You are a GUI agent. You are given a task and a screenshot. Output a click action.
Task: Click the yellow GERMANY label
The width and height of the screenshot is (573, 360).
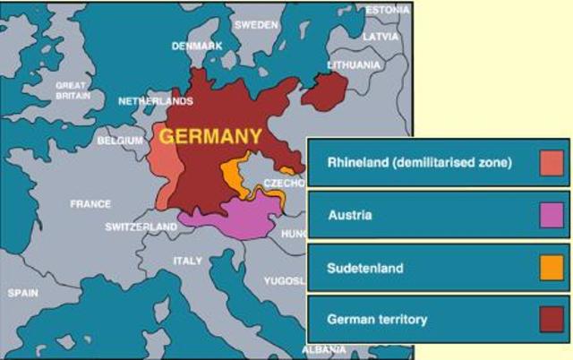210,137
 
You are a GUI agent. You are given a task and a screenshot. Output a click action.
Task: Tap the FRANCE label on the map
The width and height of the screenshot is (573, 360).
90,204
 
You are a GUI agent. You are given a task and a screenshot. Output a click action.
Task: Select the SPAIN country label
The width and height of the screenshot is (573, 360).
23,293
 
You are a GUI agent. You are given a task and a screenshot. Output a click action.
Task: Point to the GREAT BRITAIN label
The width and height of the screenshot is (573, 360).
72,90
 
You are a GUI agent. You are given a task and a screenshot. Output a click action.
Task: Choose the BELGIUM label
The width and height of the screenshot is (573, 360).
120,141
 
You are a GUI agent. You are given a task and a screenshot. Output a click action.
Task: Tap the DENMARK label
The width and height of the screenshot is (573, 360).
197,46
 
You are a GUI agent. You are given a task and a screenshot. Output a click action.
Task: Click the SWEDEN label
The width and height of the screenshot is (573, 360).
256,25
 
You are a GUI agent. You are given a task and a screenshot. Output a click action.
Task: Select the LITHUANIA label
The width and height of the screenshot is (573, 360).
353,65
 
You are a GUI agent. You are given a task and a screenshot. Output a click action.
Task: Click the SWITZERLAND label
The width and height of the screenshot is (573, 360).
141,227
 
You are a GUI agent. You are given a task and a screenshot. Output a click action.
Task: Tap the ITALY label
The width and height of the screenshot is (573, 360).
187,261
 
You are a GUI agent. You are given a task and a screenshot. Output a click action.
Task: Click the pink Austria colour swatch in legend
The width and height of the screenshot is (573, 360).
552,215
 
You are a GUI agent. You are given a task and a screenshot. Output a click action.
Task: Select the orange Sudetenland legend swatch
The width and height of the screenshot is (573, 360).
552,267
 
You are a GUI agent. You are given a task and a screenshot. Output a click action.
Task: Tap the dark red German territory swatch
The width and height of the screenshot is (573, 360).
552,319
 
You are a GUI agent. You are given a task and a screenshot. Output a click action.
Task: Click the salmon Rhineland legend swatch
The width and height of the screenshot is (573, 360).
552,163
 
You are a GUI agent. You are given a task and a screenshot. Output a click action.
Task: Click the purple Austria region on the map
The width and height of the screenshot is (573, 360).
242,218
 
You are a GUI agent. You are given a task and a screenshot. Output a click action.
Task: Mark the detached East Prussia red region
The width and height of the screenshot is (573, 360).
327,90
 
